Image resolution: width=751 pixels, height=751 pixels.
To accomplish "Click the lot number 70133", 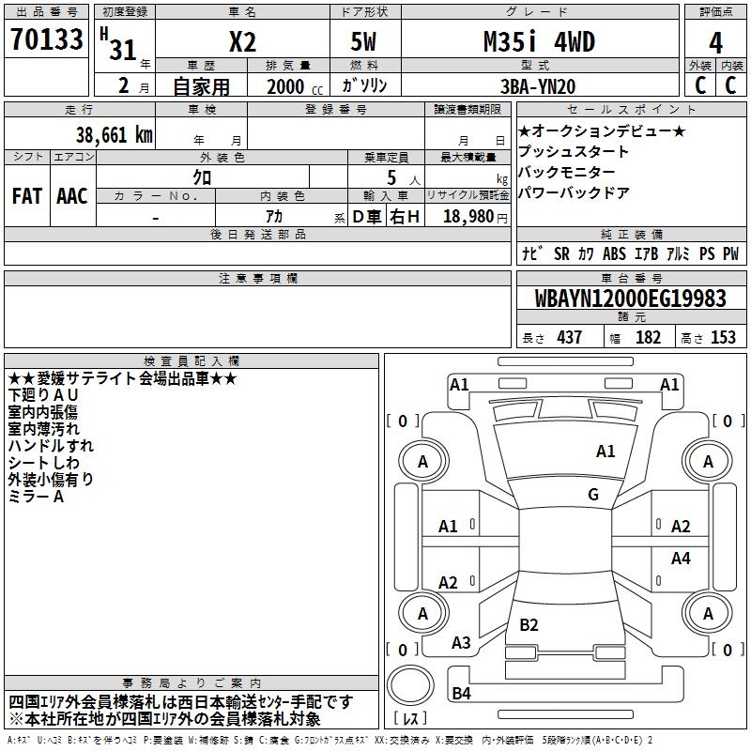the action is (x=46, y=39).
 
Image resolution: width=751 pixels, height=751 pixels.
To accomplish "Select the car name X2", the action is (x=242, y=42).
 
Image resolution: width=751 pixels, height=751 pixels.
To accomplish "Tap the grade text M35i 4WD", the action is (x=539, y=41).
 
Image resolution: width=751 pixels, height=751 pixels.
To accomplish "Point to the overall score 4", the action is (x=715, y=43).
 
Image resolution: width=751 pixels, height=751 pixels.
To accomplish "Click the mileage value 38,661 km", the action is (x=114, y=135).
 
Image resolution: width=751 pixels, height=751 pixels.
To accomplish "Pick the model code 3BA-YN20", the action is (x=538, y=86).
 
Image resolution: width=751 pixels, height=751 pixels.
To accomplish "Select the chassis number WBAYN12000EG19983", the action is (x=631, y=299).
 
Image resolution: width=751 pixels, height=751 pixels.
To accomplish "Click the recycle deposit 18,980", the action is (x=468, y=217).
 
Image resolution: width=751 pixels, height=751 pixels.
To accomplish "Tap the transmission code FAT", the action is (x=27, y=196).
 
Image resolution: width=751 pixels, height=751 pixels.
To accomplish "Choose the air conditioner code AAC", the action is (x=72, y=196).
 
